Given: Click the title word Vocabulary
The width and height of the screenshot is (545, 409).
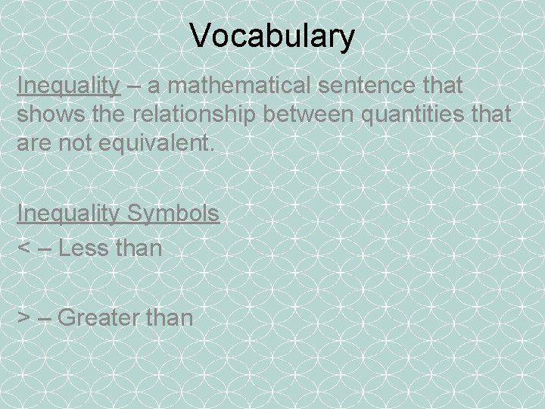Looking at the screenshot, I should click(x=272, y=36).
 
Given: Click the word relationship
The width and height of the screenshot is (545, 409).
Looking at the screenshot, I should click(x=195, y=114).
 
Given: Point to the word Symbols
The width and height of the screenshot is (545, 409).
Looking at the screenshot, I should click(x=173, y=214).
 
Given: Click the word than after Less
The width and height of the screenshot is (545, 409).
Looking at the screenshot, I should click(x=137, y=248).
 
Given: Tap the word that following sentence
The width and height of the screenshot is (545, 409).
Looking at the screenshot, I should click(x=439, y=86).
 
